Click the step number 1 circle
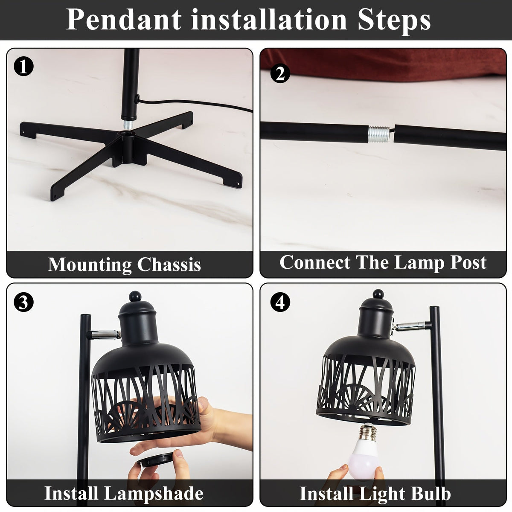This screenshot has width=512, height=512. click(23, 66)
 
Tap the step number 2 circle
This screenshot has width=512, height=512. click(280, 73)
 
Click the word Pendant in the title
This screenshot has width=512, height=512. click(124, 20)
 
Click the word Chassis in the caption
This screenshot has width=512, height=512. click(169, 265)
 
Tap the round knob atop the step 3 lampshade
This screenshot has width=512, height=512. click(135, 296)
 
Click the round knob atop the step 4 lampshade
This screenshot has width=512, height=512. click(378, 294)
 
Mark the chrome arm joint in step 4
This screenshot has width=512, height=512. click(410, 326)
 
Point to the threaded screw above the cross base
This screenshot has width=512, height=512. click(128, 124)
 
